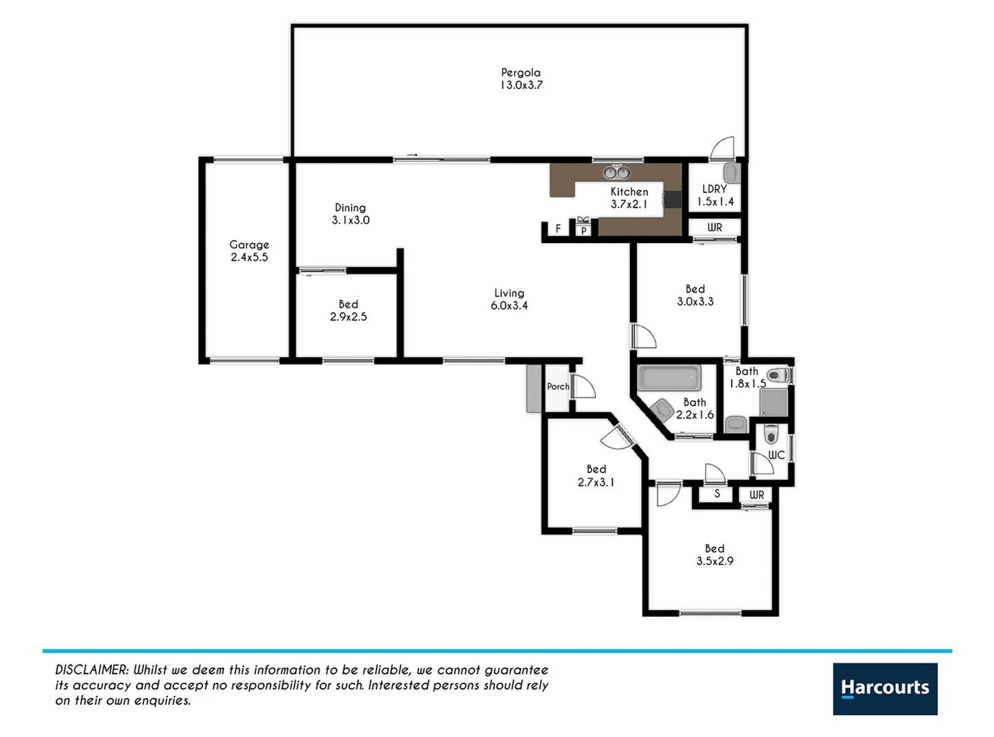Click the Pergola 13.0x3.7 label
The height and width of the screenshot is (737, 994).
coord(521,78)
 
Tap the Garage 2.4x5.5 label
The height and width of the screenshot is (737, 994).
coord(249,250)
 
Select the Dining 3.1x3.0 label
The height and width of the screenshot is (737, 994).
coord(350,214)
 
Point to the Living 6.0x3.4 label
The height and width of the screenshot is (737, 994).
coord(509,299)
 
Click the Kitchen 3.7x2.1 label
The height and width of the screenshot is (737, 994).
coord(629,198)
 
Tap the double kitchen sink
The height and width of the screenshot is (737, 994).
coord(616,172)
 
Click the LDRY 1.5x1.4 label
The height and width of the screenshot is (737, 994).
coord(715,195)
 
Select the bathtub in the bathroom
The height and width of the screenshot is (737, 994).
coord(669,377)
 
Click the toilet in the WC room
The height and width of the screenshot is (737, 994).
coord(771,433)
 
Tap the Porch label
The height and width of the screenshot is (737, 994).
coord(558,386)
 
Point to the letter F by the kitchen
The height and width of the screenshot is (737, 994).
coord(558,229)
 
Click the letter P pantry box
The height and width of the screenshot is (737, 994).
coord(583,231)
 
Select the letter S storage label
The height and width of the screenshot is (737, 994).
coord(717,493)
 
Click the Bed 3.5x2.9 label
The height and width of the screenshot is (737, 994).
coord(715,554)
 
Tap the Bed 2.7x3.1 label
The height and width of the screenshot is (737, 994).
coord(596,475)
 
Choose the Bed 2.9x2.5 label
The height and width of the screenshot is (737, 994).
coord(348,310)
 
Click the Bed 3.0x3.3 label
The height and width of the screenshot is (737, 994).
coord(695,295)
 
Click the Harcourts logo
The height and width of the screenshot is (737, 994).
coord(885,689)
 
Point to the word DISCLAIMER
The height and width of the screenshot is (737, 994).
coord(91,670)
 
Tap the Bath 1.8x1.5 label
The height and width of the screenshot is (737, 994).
coord(747,377)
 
